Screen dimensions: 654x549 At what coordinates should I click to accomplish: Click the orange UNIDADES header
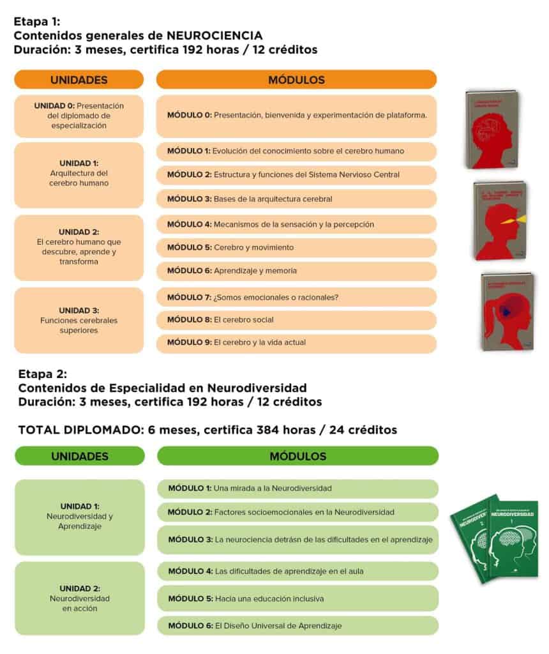79,80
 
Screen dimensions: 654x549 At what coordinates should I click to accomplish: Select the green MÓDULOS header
297,456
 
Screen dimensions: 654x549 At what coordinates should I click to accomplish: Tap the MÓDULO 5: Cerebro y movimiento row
296,247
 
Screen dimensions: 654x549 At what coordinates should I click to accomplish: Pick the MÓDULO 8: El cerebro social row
296,319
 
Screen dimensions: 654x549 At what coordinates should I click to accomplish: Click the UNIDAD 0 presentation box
79,116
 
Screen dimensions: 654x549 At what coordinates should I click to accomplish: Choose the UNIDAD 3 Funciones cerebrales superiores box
79,320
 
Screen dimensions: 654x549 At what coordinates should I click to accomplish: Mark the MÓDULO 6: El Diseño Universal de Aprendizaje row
297,625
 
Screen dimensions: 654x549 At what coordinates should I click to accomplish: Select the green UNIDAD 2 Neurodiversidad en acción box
80,598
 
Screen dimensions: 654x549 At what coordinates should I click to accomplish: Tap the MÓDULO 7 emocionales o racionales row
296,297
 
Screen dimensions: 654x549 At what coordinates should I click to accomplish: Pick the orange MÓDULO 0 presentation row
296,116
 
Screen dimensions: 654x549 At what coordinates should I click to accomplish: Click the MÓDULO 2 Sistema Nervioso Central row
296,174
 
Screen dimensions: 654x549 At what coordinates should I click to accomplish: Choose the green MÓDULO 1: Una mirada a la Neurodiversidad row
297,489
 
